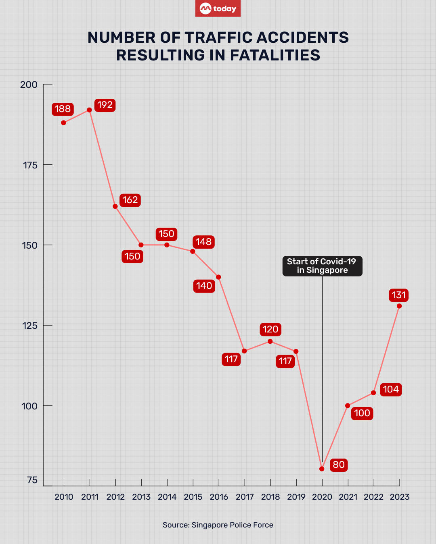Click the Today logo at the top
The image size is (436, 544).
pyautogui.click(x=218, y=8)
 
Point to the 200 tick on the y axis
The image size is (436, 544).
pyautogui.click(x=29, y=85)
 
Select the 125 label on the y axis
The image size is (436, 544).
pyautogui.click(x=29, y=326)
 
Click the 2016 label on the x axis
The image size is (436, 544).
pyautogui.click(x=219, y=497)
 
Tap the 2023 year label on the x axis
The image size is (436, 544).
pyautogui.click(x=400, y=497)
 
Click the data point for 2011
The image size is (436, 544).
pyautogui.click(x=89, y=110)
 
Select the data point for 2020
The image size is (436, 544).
pyautogui.click(x=322, y=469)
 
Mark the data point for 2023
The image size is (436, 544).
pyautogui.click(x=399, y=306)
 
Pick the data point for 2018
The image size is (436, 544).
pyautogui.click(x=270, y=342)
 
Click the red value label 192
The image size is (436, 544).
pyautogui.click(x=105, y=105)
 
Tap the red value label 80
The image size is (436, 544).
pyautogui.click(x=339, y=465)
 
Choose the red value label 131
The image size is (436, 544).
pyautogui.click(x=399, y=295)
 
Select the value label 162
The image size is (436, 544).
pyautogui.click(x=130, y=200)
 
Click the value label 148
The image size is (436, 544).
pyautogui.click(x=203, y=242)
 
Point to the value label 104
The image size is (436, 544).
pyautogui.click(x=391, y=390)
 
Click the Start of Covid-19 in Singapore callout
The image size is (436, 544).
pyautogui.click(x=322, y=266)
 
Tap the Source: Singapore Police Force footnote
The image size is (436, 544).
pyautogui.click(x=218, y=525)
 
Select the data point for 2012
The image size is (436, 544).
pyautogui.click(x=115, y=206)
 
